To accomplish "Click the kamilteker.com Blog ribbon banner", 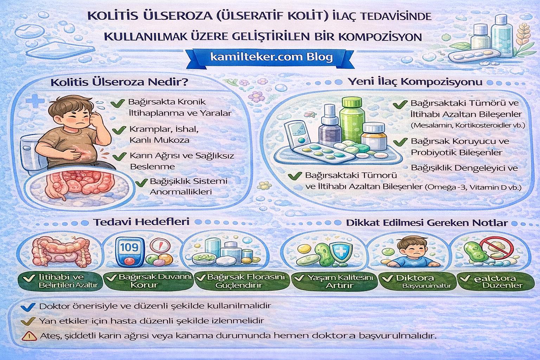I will (271, 57).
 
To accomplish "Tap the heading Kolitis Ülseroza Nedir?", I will (120, 82).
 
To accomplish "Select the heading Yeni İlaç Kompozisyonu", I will (415, 82).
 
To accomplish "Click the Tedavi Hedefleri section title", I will (141, 222).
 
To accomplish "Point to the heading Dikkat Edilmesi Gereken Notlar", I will (427, 223).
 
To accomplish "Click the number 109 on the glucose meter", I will (129, 247).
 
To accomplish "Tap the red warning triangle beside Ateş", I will (29, 336).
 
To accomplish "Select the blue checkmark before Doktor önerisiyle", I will (28, 307).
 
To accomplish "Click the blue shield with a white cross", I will (340, 251).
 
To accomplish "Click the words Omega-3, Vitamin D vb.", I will (473, 187).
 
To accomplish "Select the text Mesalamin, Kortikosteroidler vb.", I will (468, 125).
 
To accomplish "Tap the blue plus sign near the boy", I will (35, 101).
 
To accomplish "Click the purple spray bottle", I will (329, 125).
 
